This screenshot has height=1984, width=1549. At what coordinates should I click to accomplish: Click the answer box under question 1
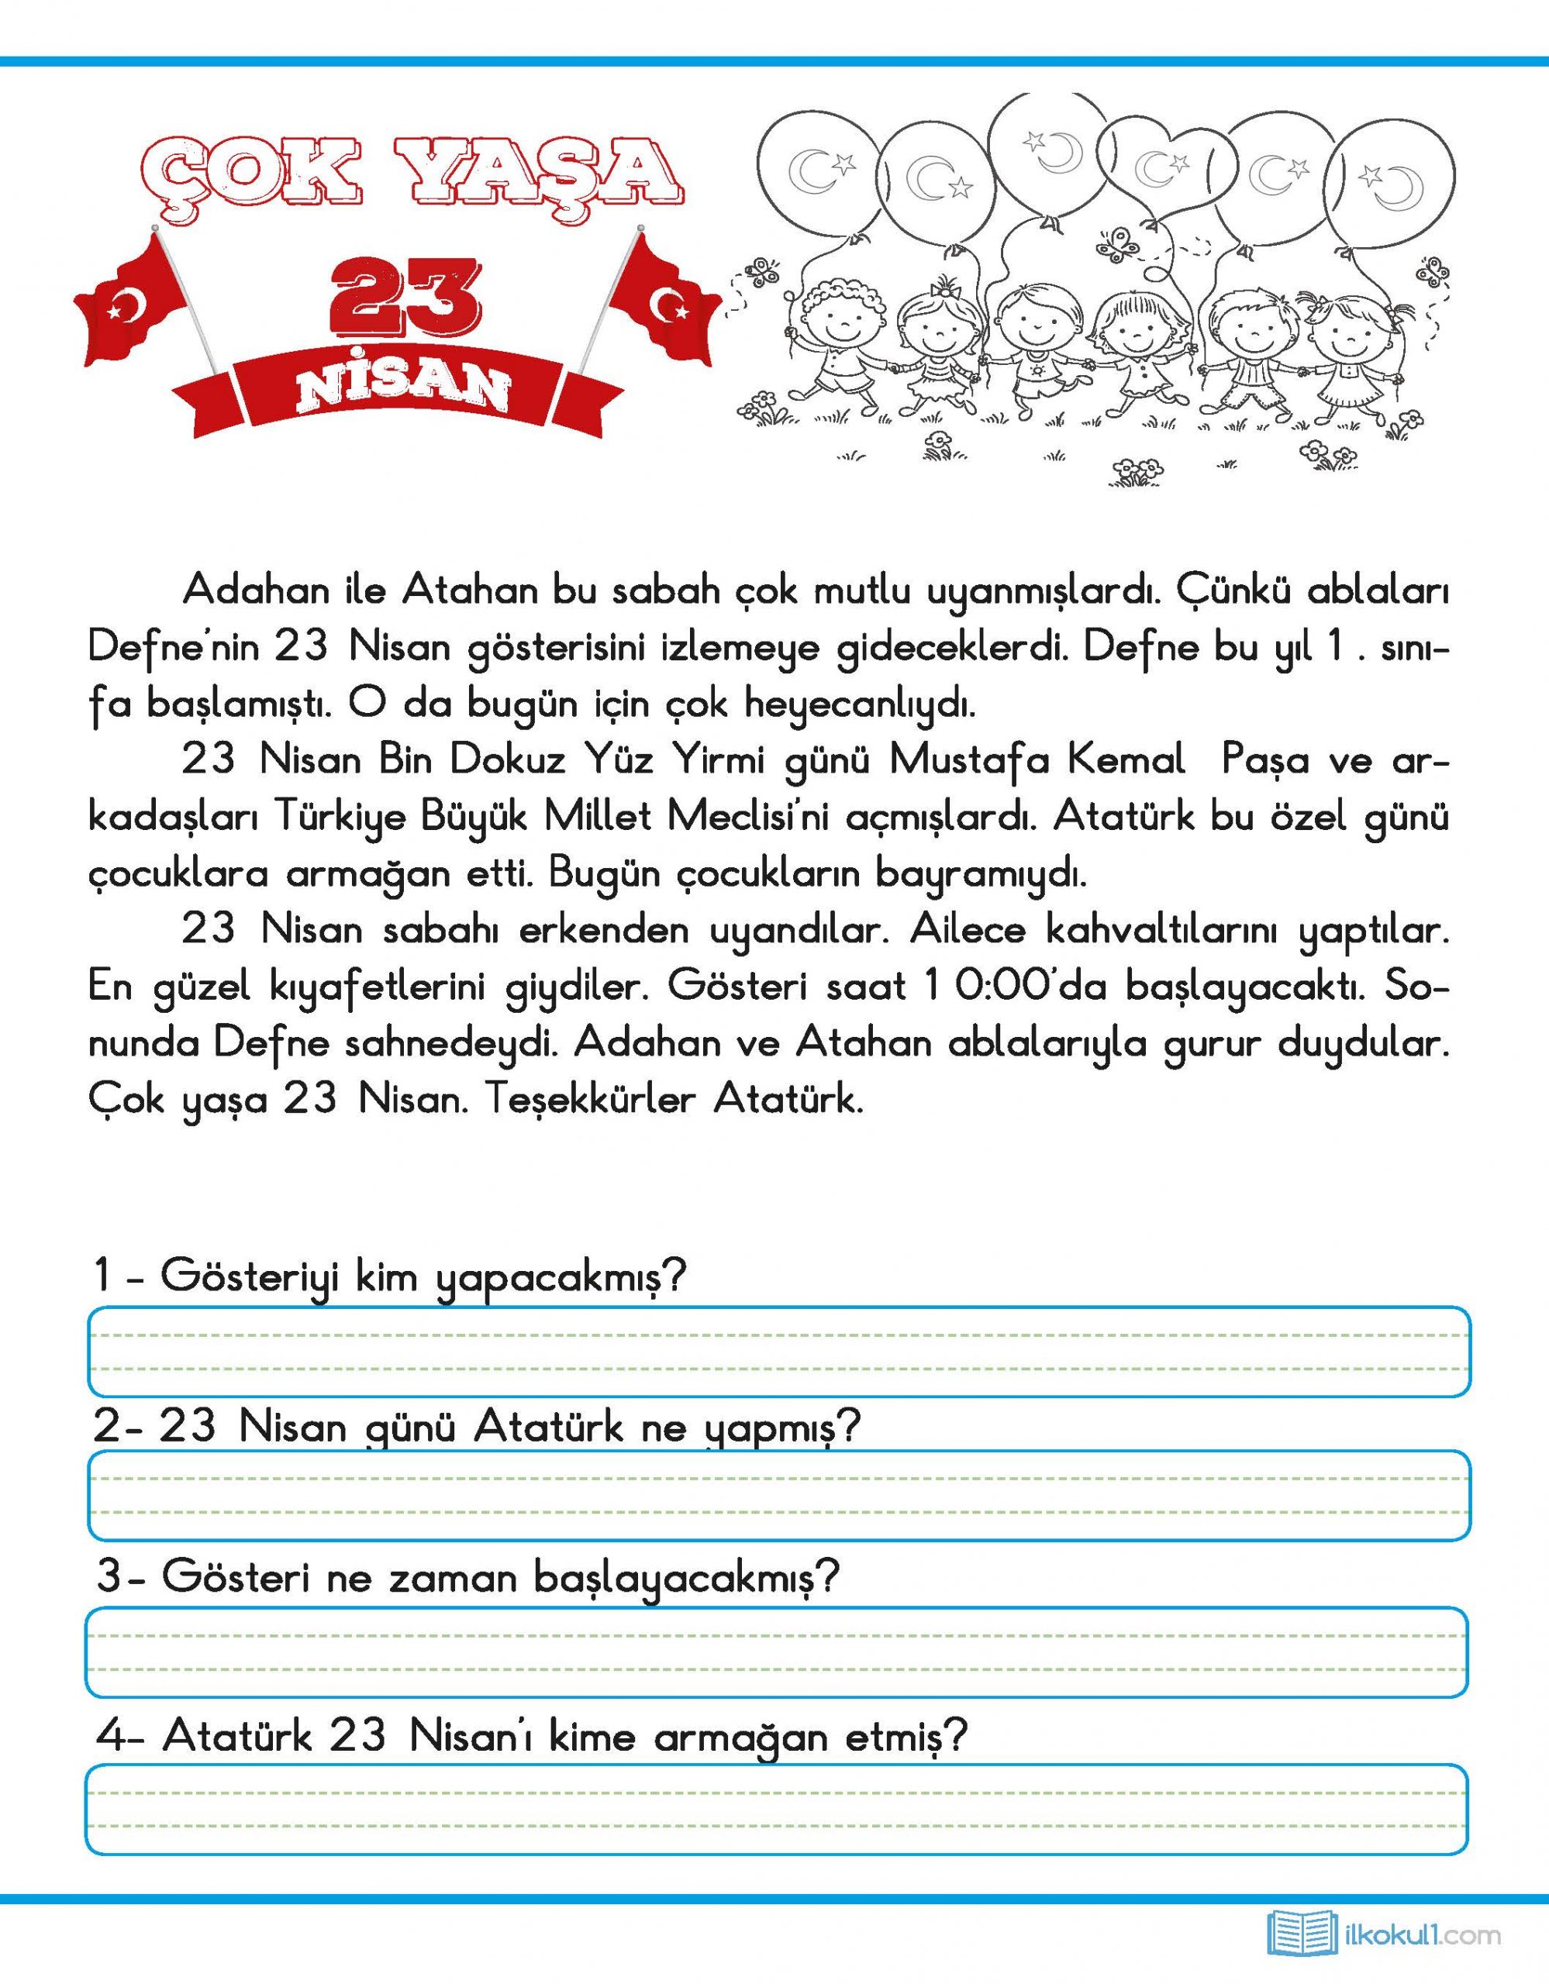click(x=778, y=1351)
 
